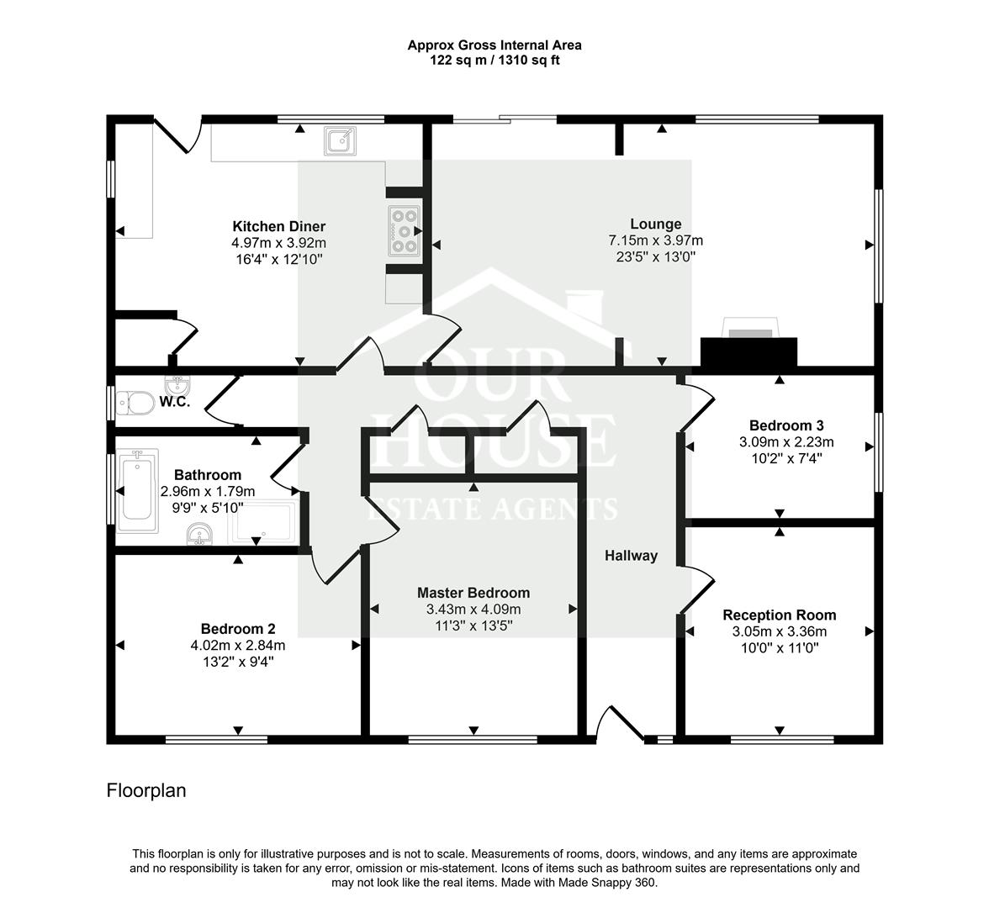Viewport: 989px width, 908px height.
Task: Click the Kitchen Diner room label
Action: pos(278,226)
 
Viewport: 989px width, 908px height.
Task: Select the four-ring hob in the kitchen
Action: pos(405,230)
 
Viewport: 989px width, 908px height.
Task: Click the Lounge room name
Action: pos(655,224)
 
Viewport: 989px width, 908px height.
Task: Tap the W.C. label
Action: pos(174,402)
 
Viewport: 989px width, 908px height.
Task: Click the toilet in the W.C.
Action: pos(135,403)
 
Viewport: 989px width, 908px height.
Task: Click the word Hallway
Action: pos(631,556)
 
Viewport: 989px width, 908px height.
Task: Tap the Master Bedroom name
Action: pos(473,593)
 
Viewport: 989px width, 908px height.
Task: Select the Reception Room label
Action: pos(779,615)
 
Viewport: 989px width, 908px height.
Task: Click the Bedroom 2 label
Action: pos(237,629)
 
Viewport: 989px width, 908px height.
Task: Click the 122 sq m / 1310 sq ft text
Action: pos(494,61)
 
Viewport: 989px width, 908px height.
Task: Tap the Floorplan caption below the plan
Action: pos(146,791)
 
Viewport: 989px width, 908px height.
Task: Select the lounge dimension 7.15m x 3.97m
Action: pos(655,240)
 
